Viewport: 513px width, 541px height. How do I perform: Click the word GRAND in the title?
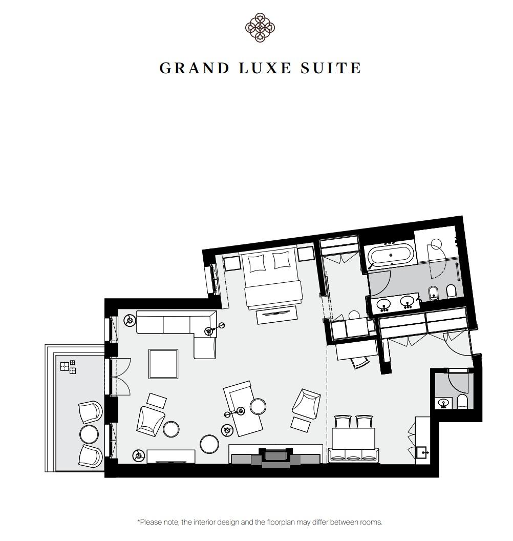(195, 68)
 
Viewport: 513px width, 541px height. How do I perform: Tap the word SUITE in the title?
(330, 68)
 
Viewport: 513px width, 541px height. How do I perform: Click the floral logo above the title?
(260, 27)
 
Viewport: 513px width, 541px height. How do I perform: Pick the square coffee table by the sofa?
(163, 364)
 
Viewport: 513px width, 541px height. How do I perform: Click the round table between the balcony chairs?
(89, 434)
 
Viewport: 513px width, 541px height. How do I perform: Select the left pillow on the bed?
(257, 263)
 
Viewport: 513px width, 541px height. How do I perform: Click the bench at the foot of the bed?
(276, 315)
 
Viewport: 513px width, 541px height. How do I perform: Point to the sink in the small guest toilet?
(443, 403)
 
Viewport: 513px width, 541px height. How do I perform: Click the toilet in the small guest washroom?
(462, 402)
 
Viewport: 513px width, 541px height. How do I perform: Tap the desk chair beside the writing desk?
(360, 362)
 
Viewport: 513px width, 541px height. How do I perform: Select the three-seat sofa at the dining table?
(353, 455)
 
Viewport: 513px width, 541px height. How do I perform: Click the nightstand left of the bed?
(232, 263)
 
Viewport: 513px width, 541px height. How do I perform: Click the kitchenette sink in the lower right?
(422, 452)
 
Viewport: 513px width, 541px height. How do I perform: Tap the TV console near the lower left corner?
(171, 456)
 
